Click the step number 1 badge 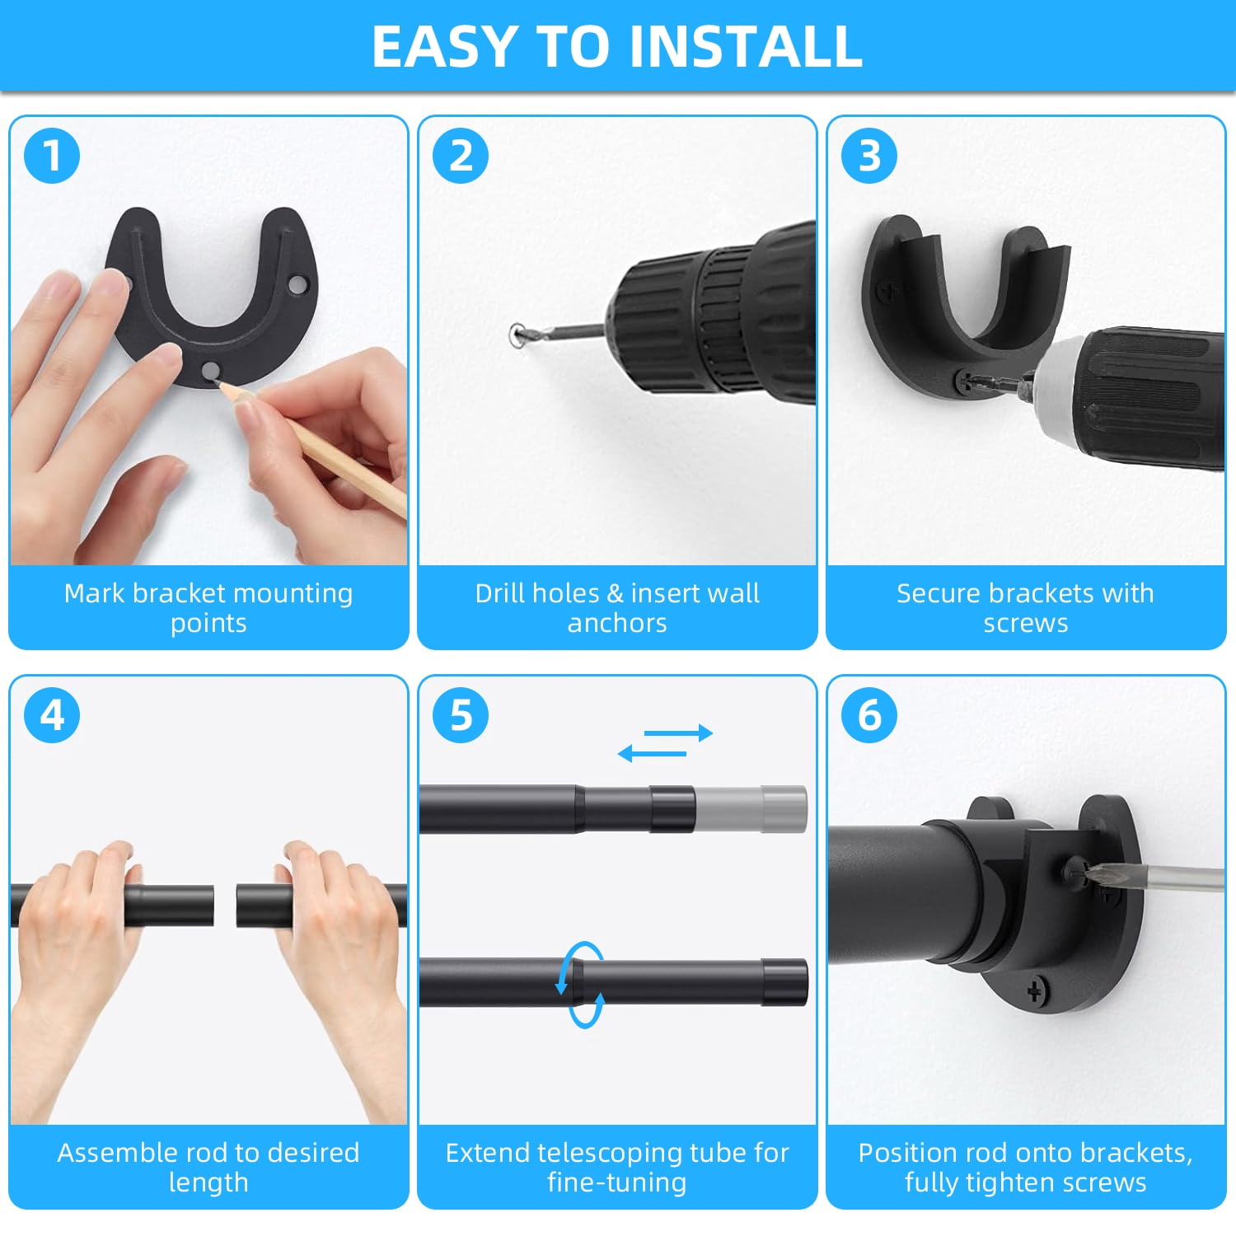pyautogui.click(x=52, y=156)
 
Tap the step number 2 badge pyautogui.click(x=461, y=156)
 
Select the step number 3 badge pyautogui.click(x=869, y=156)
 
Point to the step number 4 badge pyautogui.click(x=52, y=715)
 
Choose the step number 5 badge pyautogui.click(x=461, y=715)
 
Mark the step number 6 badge pyautogui.click(x=869, y=715)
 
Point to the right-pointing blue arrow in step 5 pyautogui.click(x=678, y=733)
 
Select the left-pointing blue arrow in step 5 pyautogui.click(x=652, y=753)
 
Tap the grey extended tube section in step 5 pyautogui.click(x=751, y=809)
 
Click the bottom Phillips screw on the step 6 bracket pyautogui.click(x=1036, y=991)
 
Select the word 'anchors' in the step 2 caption pyautogui.click(x=617, y=623)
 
